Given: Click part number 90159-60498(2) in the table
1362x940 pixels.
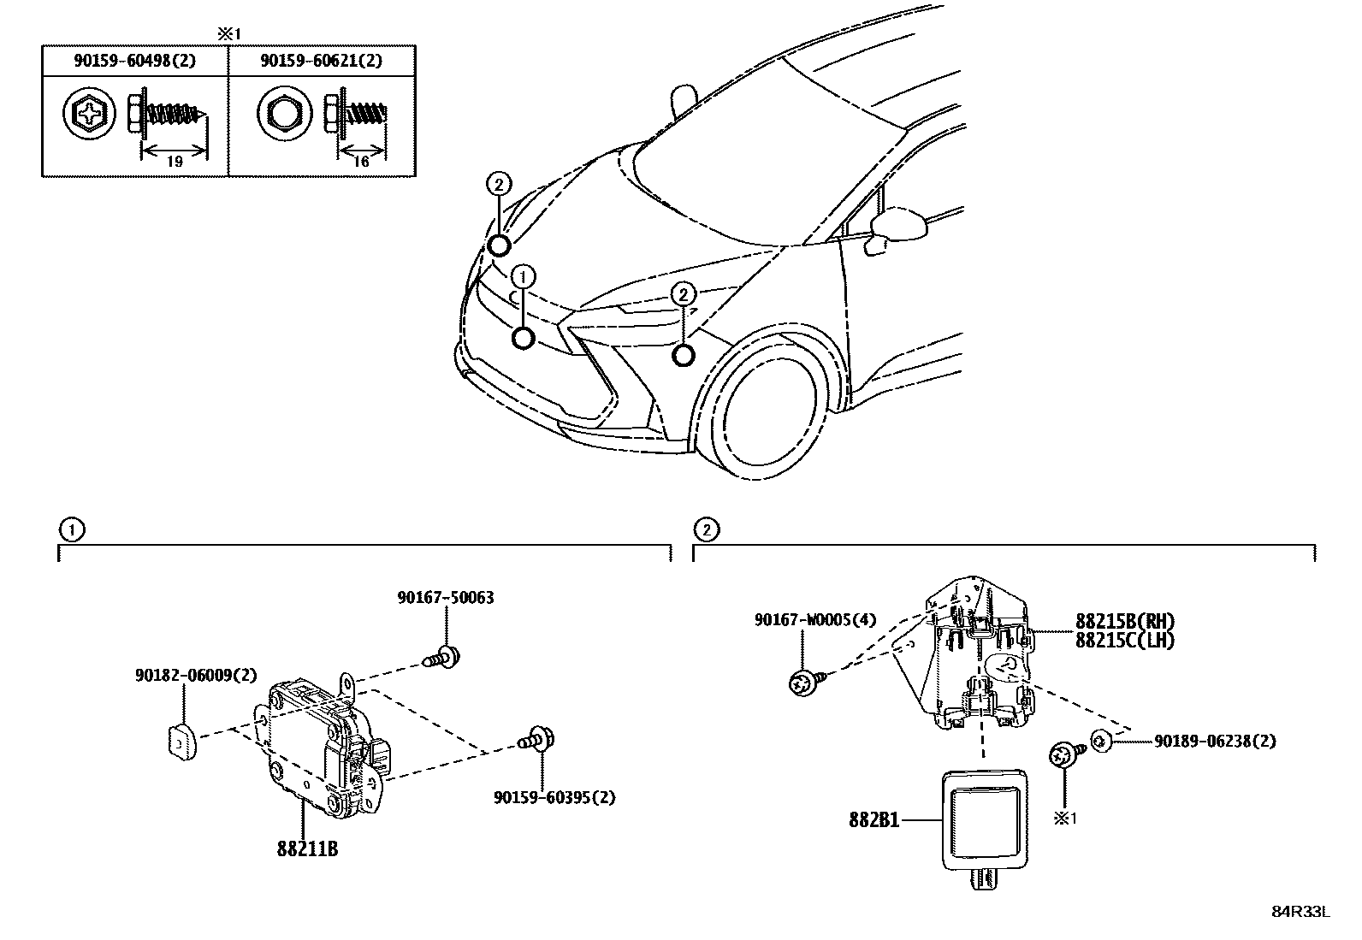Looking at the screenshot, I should tap(135, 62).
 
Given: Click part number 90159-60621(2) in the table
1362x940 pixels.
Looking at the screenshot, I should tap(322, 62).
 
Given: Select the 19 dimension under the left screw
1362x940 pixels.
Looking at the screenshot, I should tap(175, 161).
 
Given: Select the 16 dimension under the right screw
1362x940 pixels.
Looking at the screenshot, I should tap(361, 161).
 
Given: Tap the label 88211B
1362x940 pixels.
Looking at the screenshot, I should tap(307, 849).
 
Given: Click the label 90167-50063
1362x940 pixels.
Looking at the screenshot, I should tap(445, 598).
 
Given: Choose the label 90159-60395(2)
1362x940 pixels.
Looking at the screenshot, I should tap(554, 797).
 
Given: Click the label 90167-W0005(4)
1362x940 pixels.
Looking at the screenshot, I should tap(815, 619).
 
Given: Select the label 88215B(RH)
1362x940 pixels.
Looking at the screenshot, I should tap(1124, 622).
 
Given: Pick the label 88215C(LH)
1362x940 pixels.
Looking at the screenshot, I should tap(1124, 640).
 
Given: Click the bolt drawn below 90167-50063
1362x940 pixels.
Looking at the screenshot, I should tap(442, 658).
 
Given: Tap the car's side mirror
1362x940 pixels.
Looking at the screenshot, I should tap(898, 226).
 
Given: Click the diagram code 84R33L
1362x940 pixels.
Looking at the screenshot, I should tap(1300, 911).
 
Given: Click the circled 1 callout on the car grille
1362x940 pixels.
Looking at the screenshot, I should tap(524, 275).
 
